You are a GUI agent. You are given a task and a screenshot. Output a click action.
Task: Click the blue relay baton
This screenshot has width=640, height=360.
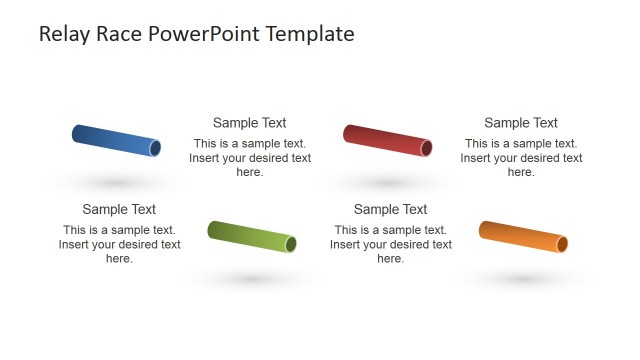click(116, 140)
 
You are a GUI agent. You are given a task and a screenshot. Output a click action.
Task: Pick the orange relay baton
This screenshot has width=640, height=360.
click(523, 237)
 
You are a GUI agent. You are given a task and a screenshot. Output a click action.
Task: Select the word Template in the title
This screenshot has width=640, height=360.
click(311, 34)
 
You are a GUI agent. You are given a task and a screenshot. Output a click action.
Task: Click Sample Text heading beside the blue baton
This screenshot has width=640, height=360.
click(250, 123)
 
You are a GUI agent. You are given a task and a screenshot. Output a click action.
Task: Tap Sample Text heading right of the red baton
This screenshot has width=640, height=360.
click(521, 123)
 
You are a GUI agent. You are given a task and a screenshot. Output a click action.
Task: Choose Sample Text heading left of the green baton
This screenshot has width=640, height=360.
click(119, 209)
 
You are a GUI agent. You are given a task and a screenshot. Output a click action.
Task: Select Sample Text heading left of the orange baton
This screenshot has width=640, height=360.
click(390, 209)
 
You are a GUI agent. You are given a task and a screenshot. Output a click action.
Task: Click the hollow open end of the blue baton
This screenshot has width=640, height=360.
click(155, 148)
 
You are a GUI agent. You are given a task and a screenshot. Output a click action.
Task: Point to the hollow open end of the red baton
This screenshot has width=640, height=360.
click(426, 148)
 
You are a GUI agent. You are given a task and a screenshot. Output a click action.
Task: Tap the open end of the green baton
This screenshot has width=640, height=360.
click(291, 244)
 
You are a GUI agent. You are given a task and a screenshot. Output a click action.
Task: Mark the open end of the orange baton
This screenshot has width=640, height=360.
click(562, 244)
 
